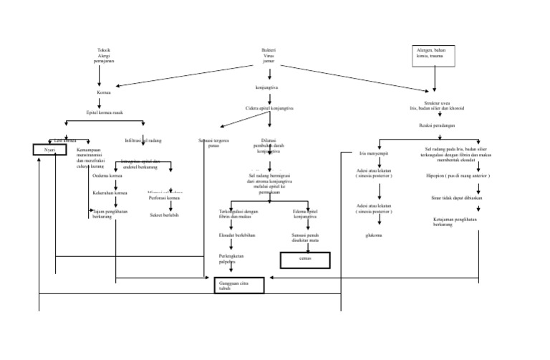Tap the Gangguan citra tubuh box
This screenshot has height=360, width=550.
coord(238,285)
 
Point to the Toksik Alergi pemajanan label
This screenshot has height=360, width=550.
coord(104,56)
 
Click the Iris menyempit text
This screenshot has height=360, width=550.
coord(373,153)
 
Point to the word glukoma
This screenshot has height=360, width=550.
coord(373,234)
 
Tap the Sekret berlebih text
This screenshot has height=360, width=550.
coord(163,214)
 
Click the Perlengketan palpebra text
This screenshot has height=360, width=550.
coord(233,258)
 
